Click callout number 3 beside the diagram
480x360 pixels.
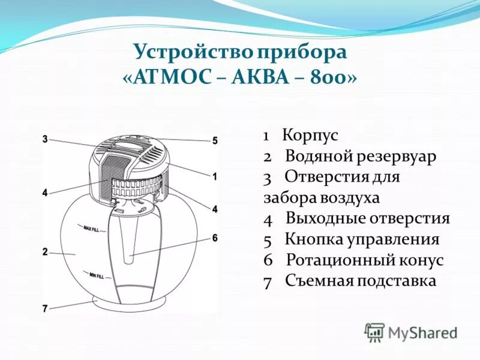click(x=45, y=139)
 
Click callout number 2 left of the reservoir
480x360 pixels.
click(x=45, y=252)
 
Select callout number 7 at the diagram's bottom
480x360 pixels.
click(x=45, y=308)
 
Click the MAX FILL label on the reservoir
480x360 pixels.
click(x=91, y=228)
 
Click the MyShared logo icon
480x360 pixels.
click(x=375, y=332)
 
